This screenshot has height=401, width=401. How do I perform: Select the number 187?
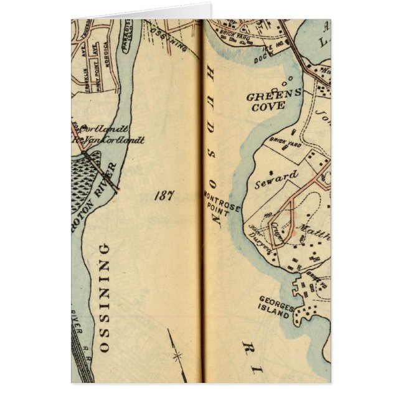pyautogui.click(x=166, y=196)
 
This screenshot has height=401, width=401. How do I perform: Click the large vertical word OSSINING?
pyautogui.click(x=104, y=298)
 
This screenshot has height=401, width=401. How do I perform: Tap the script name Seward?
pyautogui.click(x=276, y=179)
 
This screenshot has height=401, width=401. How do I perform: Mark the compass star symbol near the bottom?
pyautogui.click(x=176, y=356)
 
